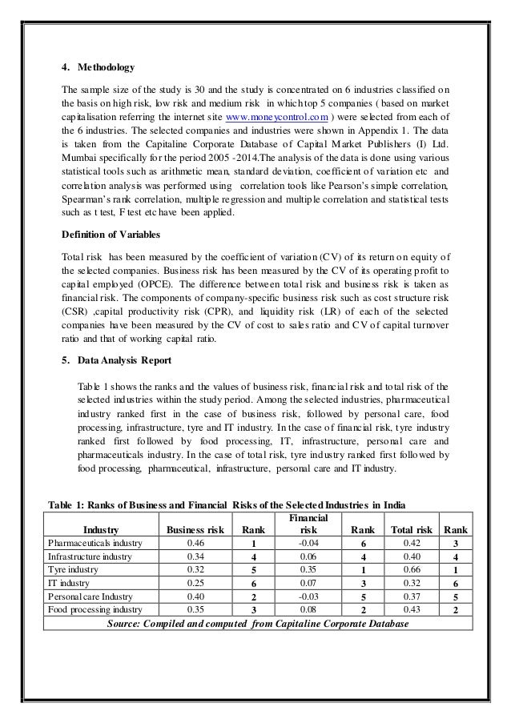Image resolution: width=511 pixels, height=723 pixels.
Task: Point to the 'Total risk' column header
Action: coord(412,529)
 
